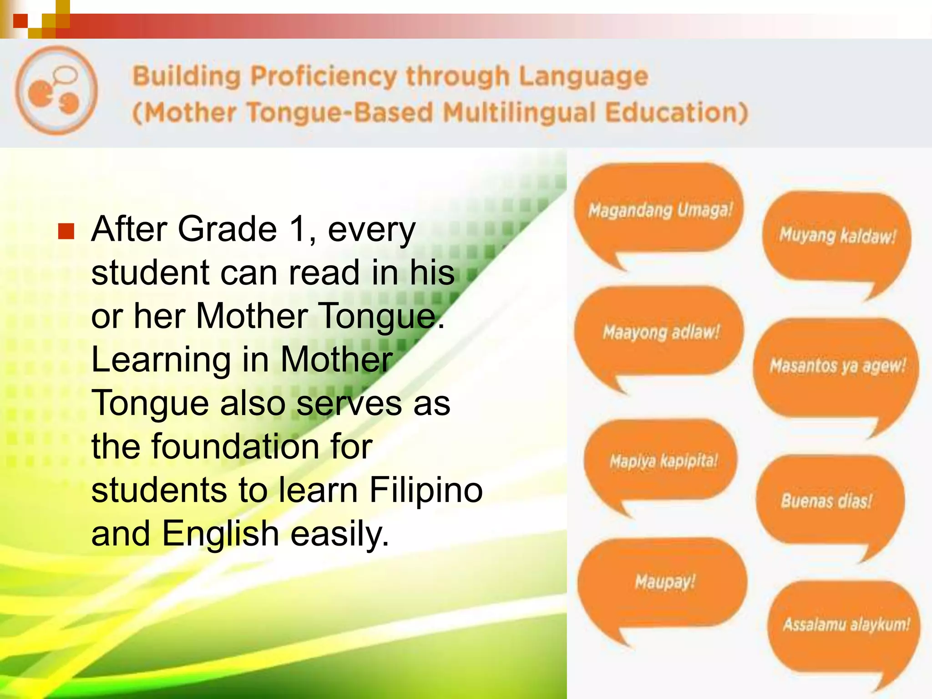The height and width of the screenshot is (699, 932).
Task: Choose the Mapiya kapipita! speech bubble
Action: click(663, 461)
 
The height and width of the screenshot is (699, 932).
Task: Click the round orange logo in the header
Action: click(56, 90)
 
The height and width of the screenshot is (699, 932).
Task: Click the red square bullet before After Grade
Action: click(66, 231)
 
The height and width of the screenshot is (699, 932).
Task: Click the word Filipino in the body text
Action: click(425, 490)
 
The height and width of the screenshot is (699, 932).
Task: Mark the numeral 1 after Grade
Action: click(298, 229)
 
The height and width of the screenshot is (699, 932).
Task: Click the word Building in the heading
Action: click(186, 76)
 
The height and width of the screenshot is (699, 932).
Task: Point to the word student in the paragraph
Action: click(150, 273)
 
